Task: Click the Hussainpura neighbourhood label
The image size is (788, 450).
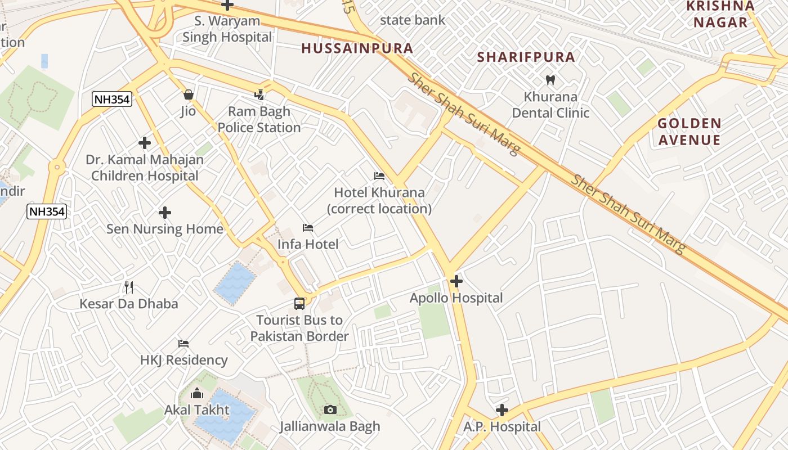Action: (357, 48)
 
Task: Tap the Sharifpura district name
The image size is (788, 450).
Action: (526, 57)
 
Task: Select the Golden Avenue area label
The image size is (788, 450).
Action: (689, 132)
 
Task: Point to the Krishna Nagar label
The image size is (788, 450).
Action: (720, 14)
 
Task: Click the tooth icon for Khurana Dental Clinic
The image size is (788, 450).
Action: (550, 80)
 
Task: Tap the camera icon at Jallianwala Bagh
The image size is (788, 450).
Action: (330, 409)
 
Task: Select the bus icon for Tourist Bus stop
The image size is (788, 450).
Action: (299, 304)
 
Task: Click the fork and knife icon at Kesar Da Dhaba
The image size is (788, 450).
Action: (129, 287)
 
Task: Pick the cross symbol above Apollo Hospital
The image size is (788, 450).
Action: (456, 281)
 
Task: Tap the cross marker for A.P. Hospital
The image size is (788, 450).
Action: (502, 410)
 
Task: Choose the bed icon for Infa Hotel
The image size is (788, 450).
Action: (308, 228)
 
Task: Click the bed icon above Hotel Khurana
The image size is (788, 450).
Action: (379, 176)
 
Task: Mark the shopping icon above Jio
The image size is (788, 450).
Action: (188, 94)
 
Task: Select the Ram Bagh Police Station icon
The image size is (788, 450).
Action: (259, 94)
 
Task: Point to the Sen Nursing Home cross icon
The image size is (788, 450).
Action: (165, 213)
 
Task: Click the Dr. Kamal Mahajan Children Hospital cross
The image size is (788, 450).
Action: (145, 143)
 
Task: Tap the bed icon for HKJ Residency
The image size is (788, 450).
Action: (183, 343)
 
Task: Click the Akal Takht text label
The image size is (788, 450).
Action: (197, 410)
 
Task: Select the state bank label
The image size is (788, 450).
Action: (413, 20)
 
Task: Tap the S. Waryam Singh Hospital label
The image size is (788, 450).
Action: (227, 29)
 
